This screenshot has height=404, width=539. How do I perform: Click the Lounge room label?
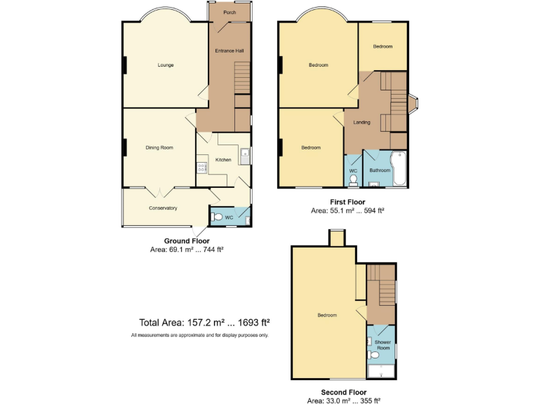point(166,65)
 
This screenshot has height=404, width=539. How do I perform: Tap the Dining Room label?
point(159,147)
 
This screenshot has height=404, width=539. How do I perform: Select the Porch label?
point(229,13)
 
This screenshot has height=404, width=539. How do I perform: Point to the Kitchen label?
point(223,160)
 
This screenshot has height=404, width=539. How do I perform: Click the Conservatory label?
point(163,208)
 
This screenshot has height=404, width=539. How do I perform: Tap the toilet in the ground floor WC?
point(218,217)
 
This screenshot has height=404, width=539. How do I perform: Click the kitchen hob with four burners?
point(201,168)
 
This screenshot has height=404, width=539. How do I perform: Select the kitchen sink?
point(244,155)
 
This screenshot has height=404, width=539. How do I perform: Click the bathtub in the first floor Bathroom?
point(399,168)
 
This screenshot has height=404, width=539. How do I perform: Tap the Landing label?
point(361,122)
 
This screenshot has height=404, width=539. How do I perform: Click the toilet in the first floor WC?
point(353,180)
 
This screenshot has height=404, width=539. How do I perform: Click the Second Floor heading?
point(344,392)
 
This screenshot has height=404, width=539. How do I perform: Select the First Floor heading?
point(347,202)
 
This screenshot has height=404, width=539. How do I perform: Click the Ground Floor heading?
point(186,241)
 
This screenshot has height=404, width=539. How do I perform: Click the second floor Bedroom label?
point(327,315)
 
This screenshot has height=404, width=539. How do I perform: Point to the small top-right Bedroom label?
point(382,46)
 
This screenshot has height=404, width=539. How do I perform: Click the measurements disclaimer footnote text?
point(199,335)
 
